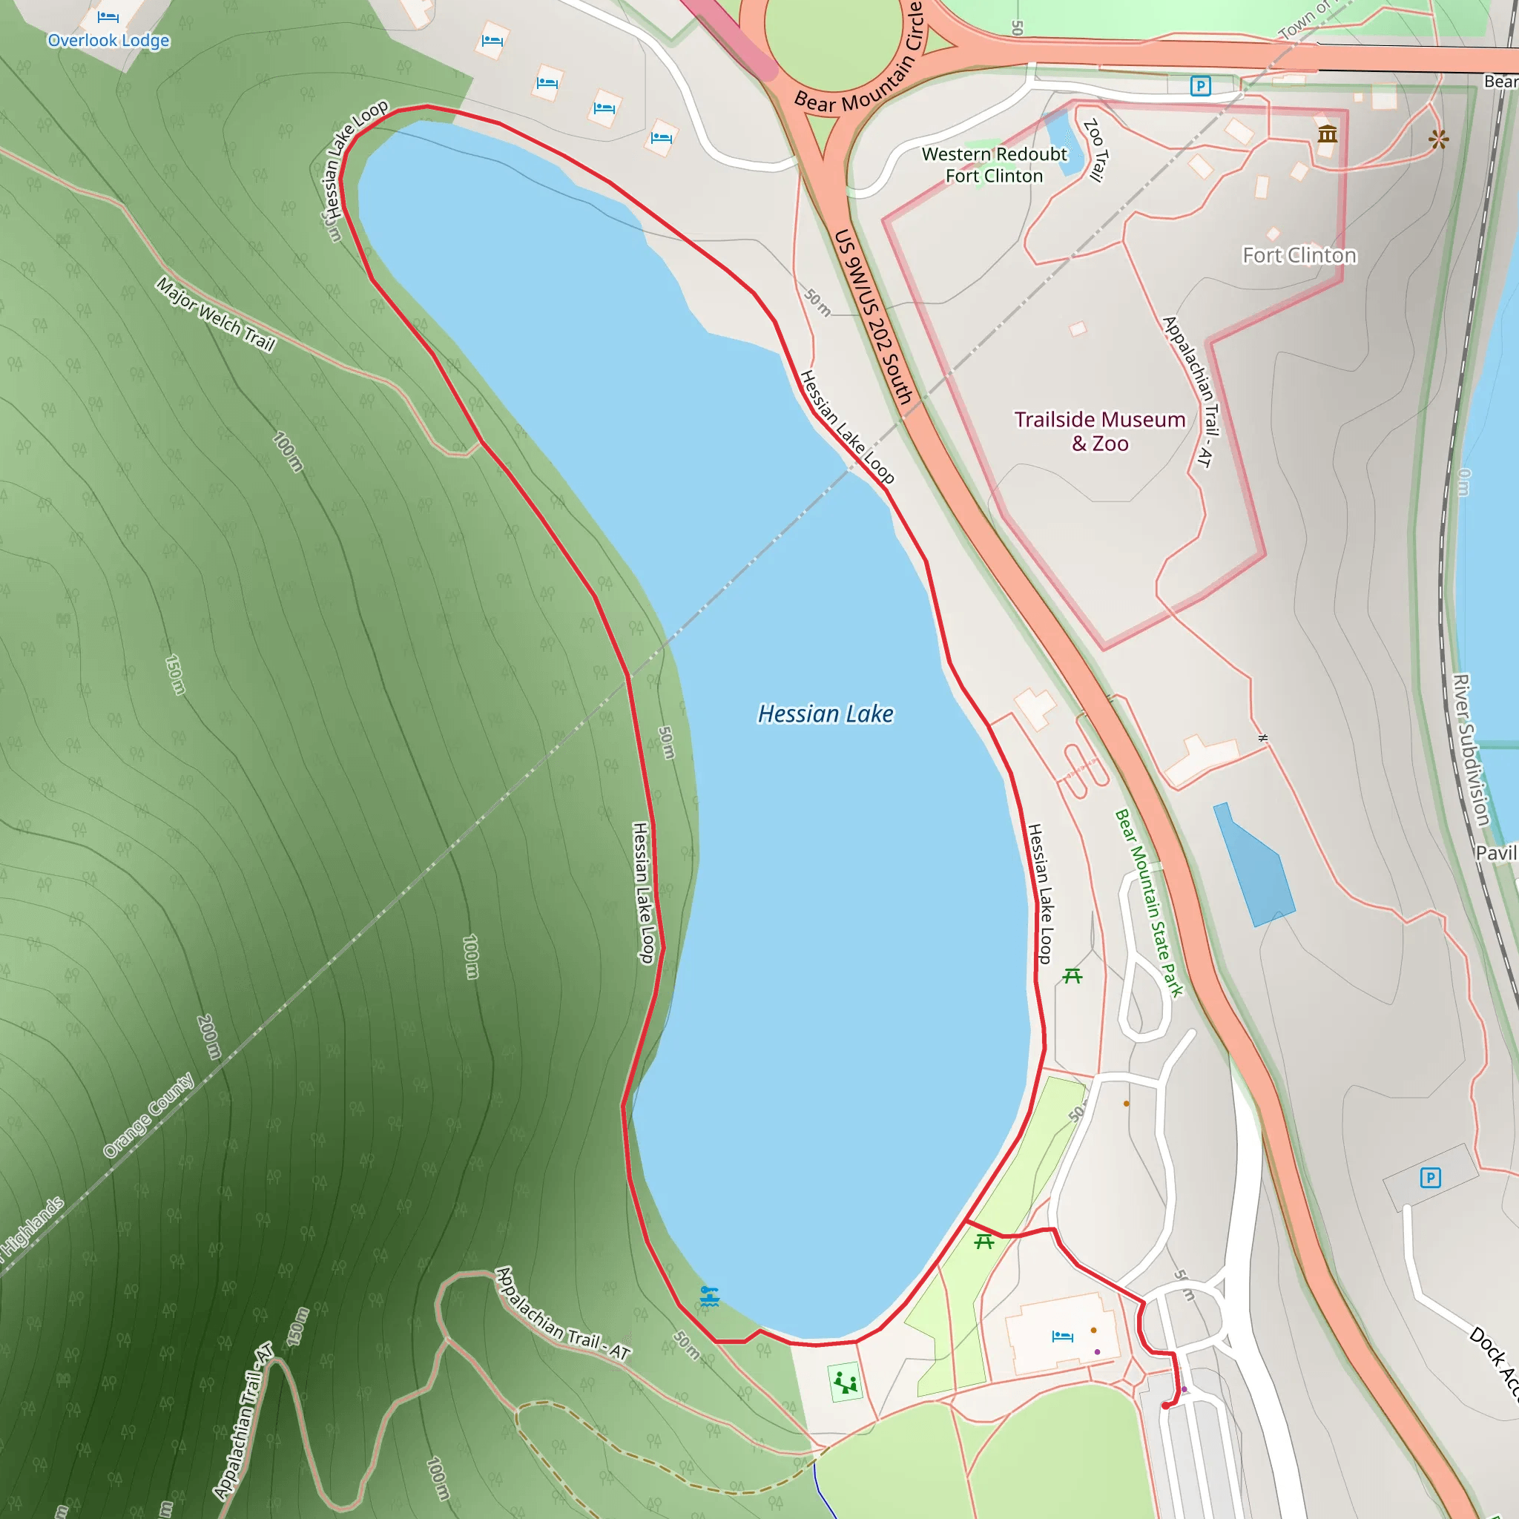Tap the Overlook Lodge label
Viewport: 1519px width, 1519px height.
pos(108,41)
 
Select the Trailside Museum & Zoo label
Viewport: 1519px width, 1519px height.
pos(1099,431)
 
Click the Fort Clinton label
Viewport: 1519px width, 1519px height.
pos(1299,256)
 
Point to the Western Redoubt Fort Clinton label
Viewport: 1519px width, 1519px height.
pos(994,165)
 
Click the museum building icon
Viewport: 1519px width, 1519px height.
pos(1327,134)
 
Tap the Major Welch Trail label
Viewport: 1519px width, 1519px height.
pos(215,314)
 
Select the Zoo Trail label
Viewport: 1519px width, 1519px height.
pos(1095,149)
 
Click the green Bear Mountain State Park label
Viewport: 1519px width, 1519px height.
pos(1149,903)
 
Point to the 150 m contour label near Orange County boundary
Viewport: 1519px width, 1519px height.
pos(175,675)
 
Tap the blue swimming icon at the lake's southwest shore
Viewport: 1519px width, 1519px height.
pos(709,1296)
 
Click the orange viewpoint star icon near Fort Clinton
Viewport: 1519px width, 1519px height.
pos(1438,140)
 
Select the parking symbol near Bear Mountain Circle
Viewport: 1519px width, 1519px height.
pos(1200,86)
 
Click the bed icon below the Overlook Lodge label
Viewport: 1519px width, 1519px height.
pos(108,16)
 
